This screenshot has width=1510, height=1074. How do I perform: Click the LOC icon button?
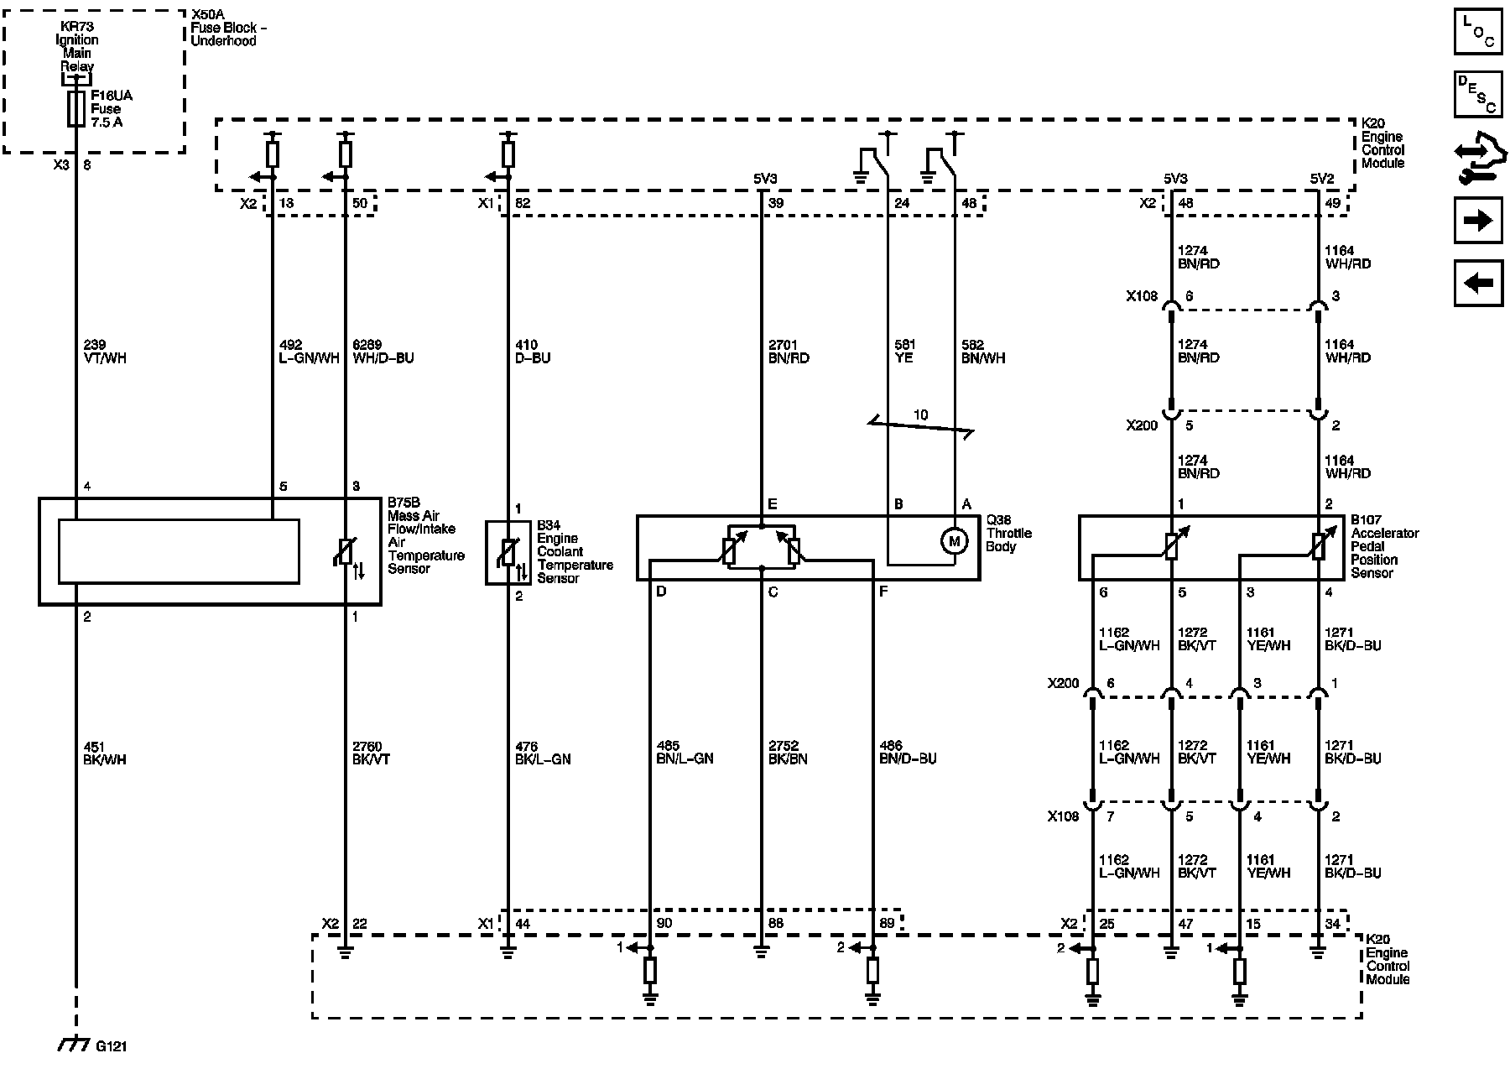click(x=1478, y=32)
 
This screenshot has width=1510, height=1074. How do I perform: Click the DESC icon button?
click(x=1478, y=94)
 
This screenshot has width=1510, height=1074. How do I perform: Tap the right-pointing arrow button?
click(x=1478, y=221)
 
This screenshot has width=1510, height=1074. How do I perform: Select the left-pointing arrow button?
click(x=1478, y=283)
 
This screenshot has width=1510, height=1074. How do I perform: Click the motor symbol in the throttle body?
click(x=953, y=541)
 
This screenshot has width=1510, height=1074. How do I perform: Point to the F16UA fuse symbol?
click(x=76, y=109)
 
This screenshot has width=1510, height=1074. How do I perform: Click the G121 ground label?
click(x=112, y=1046)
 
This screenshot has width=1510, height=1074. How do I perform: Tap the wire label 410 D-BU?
click(x=531, y=352)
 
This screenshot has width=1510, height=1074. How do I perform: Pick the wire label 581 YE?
click(x=904, y=352)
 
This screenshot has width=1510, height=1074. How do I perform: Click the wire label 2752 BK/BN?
click(x=788, y=753)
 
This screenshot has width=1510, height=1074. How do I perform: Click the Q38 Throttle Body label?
click(x=1008, y=533)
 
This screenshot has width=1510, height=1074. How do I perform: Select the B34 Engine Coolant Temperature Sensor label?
click(x=575, y=552)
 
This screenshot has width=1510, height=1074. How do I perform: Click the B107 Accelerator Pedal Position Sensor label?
click(x=1384, y=546)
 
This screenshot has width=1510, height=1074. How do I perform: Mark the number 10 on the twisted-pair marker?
click(x=920, y=414)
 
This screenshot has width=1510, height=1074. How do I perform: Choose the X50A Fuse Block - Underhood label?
click(x=224, y=28)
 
